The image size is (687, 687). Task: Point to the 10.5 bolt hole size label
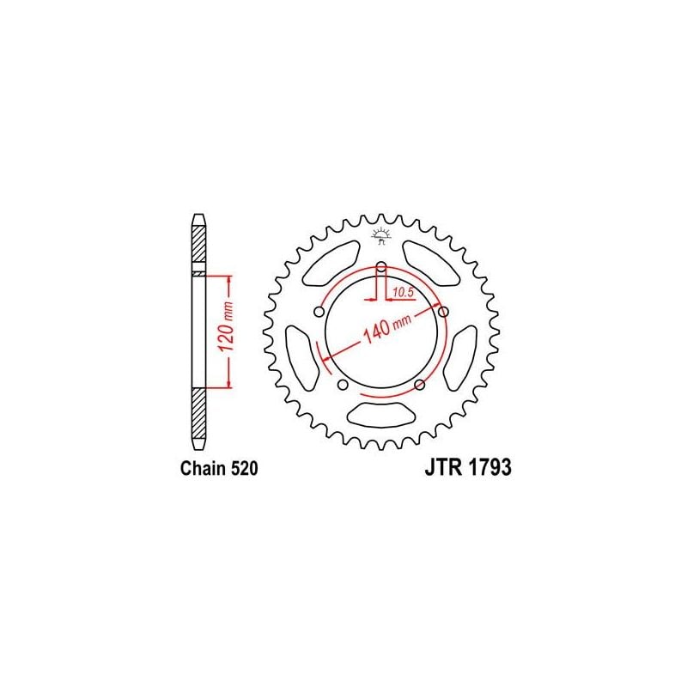point(403,293)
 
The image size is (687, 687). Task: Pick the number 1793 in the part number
point(489,469)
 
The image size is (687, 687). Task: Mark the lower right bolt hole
point(419,384)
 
